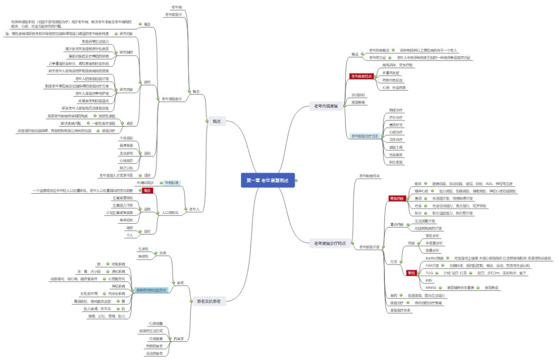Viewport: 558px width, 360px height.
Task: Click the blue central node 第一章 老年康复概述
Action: pyautogui.click(x=267, y=180)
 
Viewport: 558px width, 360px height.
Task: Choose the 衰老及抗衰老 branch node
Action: pyautogui.click(x=208, y=301)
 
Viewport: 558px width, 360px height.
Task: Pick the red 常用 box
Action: pyautogui.click(x=411, y=272)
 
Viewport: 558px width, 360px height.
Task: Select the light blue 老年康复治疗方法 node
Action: pyautogui.click(x=365, y=136)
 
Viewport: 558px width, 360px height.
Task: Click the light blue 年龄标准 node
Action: pyautogui.click(x=172, y=183)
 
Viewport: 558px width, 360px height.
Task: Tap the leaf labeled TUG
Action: pyautogui.click(x=429, y=272)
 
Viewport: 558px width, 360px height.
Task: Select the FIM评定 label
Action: pyautogui.click(x=432, y=265)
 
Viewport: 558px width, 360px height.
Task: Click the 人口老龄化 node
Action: pyautogui.click(x=170, y=212)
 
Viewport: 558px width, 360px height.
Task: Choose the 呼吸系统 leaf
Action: pyautogui.click(x=118, y=264)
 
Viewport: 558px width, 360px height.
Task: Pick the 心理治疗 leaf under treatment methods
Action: pyautogui.click(x=396, y=132)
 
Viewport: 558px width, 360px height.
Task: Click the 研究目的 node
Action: pyautogui.click(x=126, y=52)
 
